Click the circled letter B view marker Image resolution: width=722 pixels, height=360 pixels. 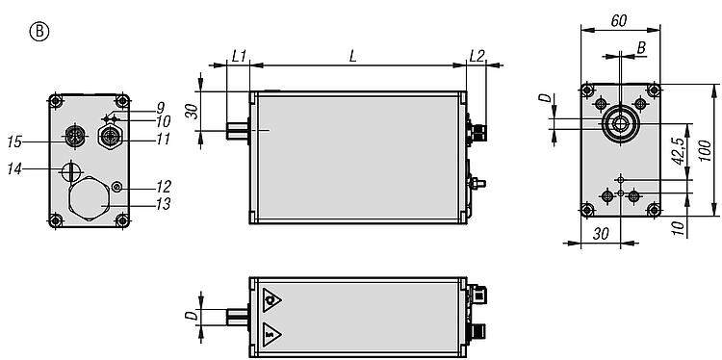(x=39, y=32)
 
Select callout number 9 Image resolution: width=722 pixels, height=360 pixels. (x=160, y=108)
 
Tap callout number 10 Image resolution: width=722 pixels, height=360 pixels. (x=163, y=121)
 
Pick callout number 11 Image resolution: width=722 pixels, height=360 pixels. (x=163, y=139)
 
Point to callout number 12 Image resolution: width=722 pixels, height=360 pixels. (x=163, y=187)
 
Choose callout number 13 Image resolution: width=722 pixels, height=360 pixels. (x=163, y=204)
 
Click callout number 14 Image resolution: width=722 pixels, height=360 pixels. (x=14, y=169)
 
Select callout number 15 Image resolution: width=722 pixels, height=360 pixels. (x=14, y=141)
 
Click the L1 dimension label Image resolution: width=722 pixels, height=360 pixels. (x=239, y=56)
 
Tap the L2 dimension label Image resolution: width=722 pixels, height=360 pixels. (x=477, y=56)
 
